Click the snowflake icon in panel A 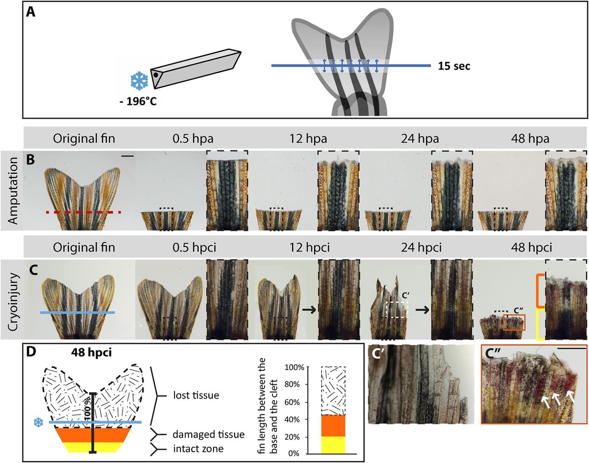[138, 81]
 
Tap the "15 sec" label [454, 66]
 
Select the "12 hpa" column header [308, 138]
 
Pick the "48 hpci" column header [531, 247]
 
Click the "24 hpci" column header [421, 247]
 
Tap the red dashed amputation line [83, 212]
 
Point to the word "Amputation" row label [13, 191]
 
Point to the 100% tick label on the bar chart [294, 368]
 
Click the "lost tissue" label [196, 395]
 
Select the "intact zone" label [198, 449]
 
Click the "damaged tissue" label [208, 434]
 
